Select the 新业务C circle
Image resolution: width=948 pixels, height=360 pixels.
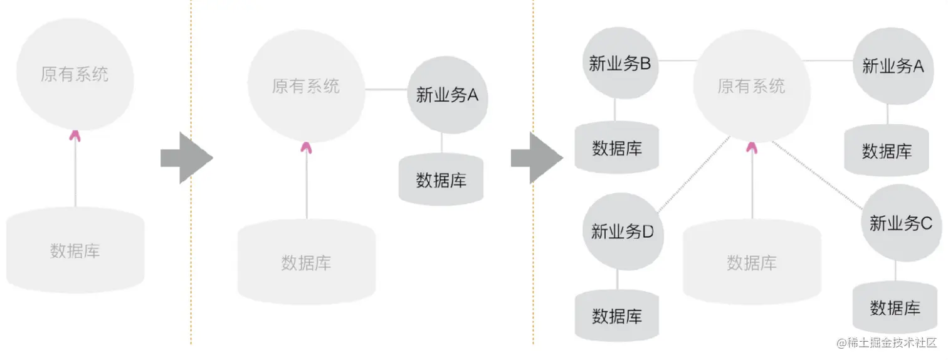coord(901,223)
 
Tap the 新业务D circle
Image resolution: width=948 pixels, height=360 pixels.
coord(622,231)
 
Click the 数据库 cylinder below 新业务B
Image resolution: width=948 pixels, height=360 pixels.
coord(617,148)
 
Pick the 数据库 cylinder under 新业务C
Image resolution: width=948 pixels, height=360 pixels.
coord(895,308)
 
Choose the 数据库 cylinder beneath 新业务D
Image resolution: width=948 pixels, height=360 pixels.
coord(617,315)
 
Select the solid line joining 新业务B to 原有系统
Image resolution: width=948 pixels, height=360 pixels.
coord(677,61)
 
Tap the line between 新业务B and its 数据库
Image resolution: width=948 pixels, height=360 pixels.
coord(615,110)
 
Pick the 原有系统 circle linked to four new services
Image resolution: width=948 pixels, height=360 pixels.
coord(751,86)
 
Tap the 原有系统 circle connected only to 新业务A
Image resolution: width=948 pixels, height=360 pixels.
coord(306,86)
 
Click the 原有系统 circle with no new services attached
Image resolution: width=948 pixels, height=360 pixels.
coord(75,74)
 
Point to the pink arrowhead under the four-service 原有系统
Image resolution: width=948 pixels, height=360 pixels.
coord(752,147)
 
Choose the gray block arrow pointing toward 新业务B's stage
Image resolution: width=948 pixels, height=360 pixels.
coord(536,157)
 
